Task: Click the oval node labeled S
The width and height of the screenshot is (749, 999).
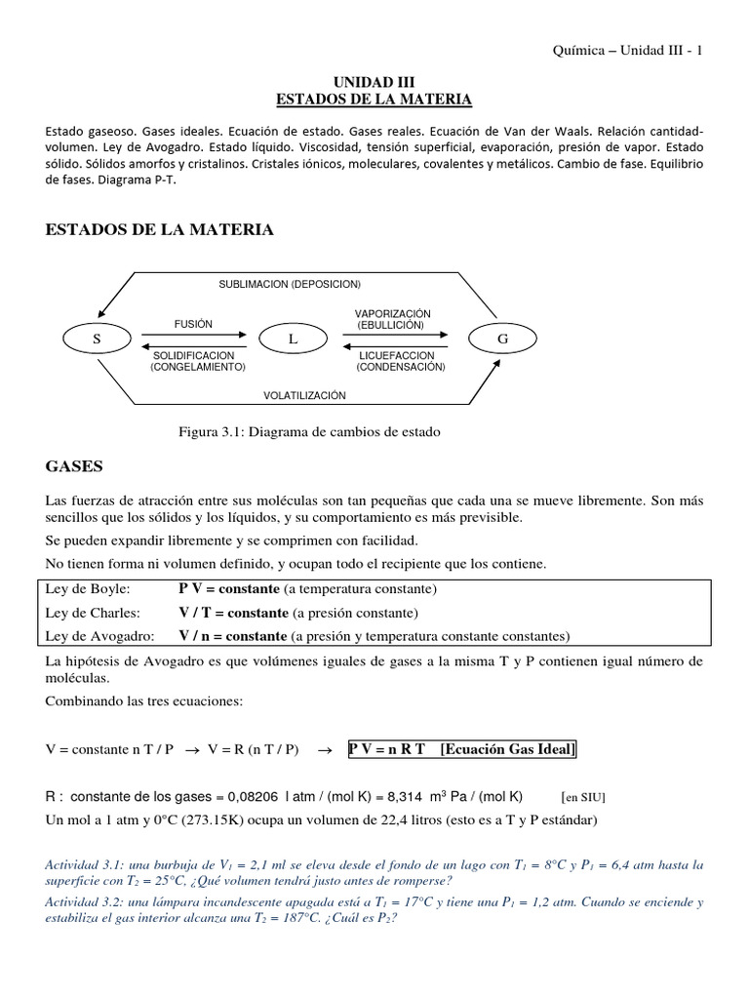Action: [x=97, y=339]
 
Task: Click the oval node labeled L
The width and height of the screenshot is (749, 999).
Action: [x=292, y=339]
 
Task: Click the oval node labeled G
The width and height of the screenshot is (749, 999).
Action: [x=502, y=339]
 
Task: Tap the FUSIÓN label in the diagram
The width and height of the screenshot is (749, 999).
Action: [x=192, y=324]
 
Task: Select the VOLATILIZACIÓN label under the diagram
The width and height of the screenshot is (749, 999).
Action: [x=304, y=395]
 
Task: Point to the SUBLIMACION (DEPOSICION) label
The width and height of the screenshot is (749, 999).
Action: [x=290, y=284]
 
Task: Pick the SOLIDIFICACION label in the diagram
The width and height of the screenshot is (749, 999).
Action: [x=194, y=355]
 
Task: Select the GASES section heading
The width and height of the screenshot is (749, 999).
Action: [x=75, y=466]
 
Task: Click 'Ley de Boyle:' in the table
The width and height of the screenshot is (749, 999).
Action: [x=88, y=589]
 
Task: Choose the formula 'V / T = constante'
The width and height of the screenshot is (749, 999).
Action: [x=233, y=613]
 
